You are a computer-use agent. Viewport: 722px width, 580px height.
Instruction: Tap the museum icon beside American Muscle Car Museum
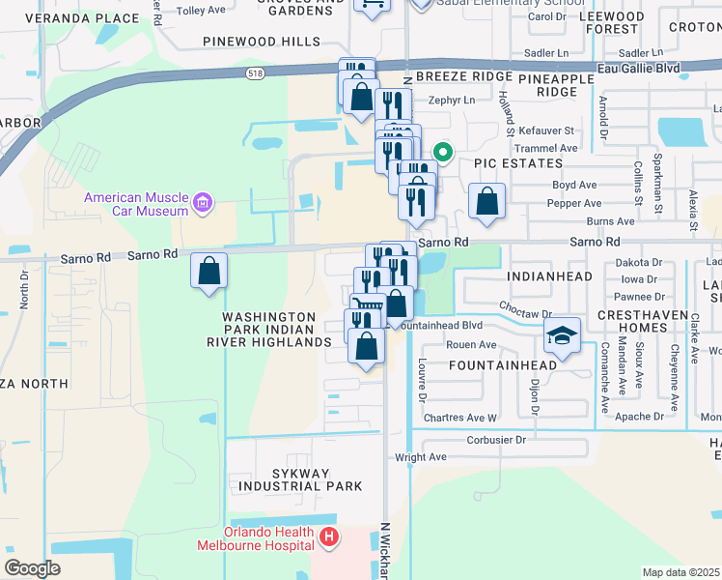coord(203,203)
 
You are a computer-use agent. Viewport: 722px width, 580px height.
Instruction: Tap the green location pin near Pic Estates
coord(443,152)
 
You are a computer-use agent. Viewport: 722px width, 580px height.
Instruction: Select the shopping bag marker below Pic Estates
coord(487,203)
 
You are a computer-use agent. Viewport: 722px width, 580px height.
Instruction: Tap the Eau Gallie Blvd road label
coord(638,69)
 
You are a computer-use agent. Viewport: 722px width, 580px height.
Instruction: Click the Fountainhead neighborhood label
coord(502,365)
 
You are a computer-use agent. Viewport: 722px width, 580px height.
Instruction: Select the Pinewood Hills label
coord(262,42)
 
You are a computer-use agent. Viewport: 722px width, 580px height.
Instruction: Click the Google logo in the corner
coord(32,568)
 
